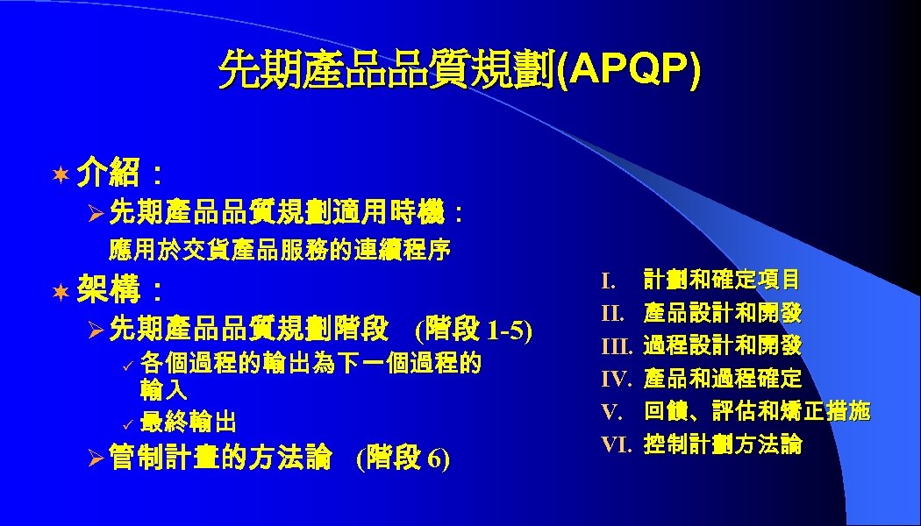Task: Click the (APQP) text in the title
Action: pos(630,69)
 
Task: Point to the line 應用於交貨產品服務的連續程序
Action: pos(280,251)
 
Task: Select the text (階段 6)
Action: pos(403,458)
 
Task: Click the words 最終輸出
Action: pos(188,423)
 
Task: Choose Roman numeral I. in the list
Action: pos(609,281)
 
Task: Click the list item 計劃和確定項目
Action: pos(721,281)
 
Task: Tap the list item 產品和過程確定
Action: pos(722,379)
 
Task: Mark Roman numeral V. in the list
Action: pos(611,411)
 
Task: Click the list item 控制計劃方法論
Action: pos(722,444)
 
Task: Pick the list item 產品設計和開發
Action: pos(722,313)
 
